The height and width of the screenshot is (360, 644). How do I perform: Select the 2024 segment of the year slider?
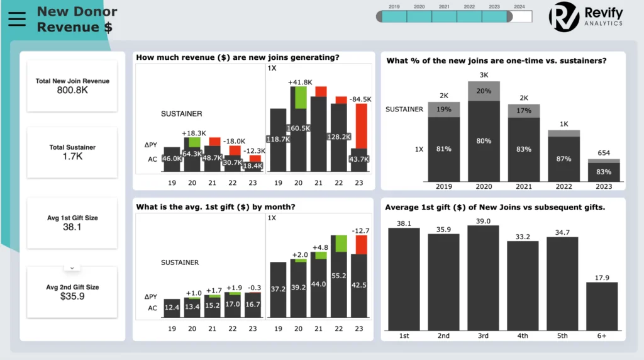[x=519, y=17]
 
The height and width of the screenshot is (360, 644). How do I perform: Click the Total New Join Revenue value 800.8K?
[x=72, y=91]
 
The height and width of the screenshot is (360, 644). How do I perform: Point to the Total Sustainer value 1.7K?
[x=72, y=157]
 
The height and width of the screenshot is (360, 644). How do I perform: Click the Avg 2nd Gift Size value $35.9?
[x=72, y=296]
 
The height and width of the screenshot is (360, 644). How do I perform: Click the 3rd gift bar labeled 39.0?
[x=483, y=277]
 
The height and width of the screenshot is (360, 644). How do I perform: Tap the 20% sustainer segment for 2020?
[x=484, y=91]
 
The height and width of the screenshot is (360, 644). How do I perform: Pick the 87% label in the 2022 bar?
[x=563, y=159]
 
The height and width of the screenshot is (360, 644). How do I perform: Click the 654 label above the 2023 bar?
[x=604, y=154]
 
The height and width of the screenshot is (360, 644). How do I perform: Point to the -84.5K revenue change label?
[x=361, y=99]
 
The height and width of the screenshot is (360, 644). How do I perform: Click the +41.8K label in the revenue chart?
[x=301, y=82]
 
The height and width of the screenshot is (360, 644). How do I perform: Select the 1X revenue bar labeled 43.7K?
[x=360, y=159]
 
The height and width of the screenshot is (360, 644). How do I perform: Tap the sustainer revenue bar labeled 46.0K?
[x=172, y=159]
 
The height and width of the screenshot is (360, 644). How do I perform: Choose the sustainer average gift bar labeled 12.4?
[x=172, y=307]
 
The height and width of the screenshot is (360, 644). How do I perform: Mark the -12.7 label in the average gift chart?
[x=360, y=231]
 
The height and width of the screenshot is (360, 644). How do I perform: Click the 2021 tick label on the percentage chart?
[x=523, y=186]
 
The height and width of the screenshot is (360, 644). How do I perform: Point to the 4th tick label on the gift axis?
[x=523, y=335]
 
